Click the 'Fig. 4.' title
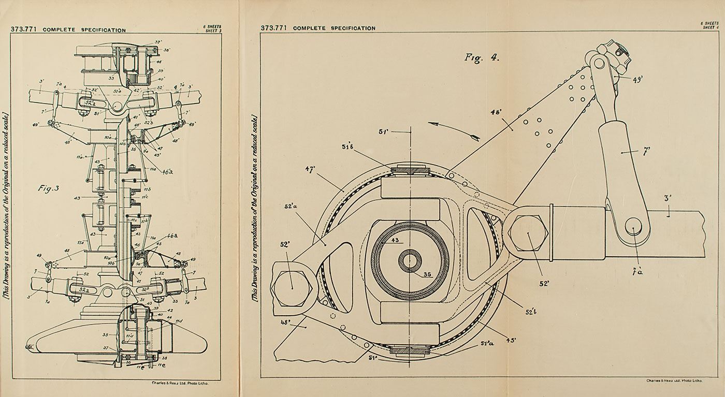click(x=482, y=57)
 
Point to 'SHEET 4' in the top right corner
click(x=710, y=27)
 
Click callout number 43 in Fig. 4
click(x=410, y=241)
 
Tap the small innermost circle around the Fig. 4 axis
click(x=410, y=259)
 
